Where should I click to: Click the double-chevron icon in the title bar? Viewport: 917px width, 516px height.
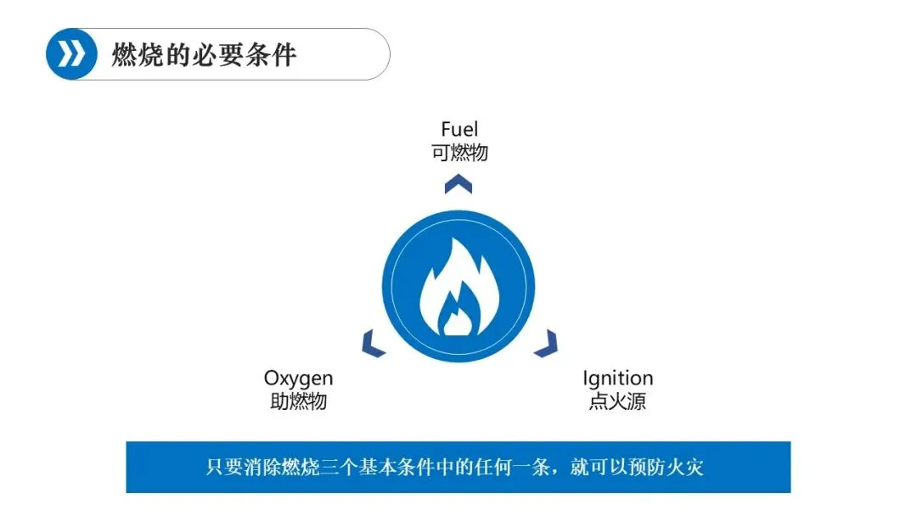point(71,54)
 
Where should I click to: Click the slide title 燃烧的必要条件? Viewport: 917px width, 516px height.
point(204,55)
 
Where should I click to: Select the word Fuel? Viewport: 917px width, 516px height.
point(459,130)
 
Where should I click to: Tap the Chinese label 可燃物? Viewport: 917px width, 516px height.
point(459,153)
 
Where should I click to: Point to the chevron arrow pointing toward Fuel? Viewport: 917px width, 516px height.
point(458,182)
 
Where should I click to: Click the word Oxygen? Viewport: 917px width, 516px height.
point(298,379)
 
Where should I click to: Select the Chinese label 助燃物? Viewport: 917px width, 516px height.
point(298,401)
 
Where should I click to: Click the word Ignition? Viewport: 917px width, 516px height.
point(617,379)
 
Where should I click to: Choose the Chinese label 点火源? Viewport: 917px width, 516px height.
point(617,401)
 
